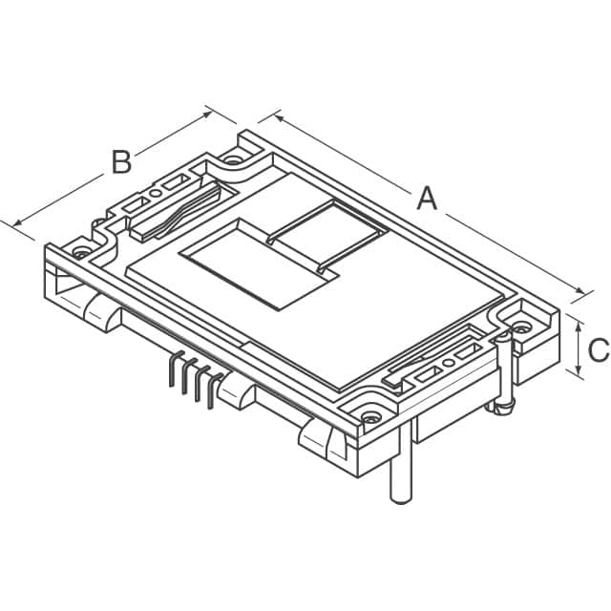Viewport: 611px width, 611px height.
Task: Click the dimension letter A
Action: click(x=426, y=199)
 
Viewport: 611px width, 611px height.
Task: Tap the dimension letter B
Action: click(x=120, y=161)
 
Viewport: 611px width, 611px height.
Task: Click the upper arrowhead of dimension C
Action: click(x=579, y=322)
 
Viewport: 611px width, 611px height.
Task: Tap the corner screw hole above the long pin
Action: click(x=369, y=415)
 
